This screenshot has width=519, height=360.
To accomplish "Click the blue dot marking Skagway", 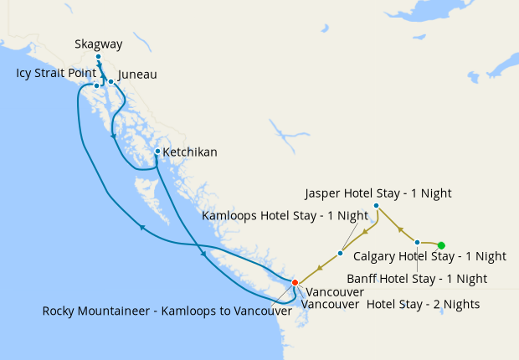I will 98,58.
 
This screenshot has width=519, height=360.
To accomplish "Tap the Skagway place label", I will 97,44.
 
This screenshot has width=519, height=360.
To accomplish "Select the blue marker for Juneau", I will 110,82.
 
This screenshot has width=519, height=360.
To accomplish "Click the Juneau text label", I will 137,75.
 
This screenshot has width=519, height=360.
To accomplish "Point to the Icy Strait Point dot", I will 96,85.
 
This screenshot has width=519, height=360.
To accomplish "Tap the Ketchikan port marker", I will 157,152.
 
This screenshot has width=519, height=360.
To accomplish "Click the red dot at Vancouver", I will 294,282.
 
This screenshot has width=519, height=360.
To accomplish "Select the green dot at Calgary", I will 441,244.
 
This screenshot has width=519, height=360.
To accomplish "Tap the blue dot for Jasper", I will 376,206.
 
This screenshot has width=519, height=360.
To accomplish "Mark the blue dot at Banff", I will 417,242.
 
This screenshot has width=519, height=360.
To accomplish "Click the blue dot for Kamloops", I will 340,253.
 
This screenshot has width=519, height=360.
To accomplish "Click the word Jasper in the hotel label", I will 323,193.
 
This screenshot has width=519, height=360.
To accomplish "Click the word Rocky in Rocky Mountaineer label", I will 60,311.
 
